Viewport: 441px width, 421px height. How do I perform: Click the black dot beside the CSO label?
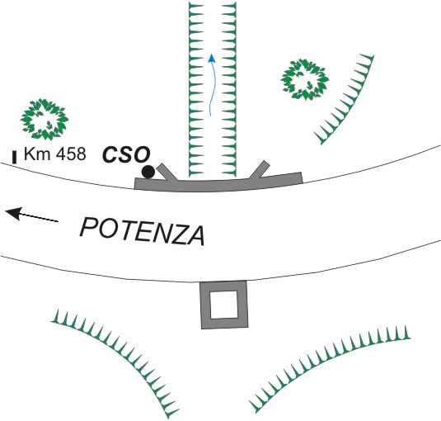click(x=148, y=172)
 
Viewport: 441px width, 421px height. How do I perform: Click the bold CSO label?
click(x=126, y=154)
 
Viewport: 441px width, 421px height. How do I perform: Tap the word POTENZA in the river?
click(x=143, y=232)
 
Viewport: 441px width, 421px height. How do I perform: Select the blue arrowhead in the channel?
click(x=212, y=59)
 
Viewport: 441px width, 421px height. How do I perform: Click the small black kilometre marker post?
click(x=14, y=157)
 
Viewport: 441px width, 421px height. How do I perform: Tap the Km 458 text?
click(x=55, y=154)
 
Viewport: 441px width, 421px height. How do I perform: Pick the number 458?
click(x=71, y=154)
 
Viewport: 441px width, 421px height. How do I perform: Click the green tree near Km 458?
click(x=45, y=120)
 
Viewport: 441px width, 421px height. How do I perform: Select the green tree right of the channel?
click(x=305, y=79)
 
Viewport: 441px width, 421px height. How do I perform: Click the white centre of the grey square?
click(x=224, y=305)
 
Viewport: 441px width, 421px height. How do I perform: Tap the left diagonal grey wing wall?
click(x=167, y=172)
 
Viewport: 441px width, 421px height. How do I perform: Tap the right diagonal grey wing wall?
click(x=260, y=170)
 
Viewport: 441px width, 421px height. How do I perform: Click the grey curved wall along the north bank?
click(x=218, y=185)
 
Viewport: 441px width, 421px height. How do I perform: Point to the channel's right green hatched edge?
click(x=229, y=89)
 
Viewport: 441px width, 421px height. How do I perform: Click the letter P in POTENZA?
click(x=88, y=228)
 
